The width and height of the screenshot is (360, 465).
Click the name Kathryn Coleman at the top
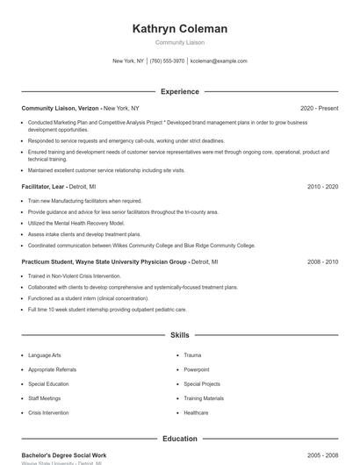coord(180,29)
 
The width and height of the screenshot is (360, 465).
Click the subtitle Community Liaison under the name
coord(180,42)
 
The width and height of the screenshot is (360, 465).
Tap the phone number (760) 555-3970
coord(167,61)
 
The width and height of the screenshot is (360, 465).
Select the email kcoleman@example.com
coord(219,61)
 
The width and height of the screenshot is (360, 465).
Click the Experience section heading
coord(180,91)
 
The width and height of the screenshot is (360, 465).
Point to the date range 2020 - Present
coord(319,108)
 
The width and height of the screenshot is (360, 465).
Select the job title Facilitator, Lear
coord(43,187)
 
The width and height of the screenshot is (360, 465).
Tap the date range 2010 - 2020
coord(322,187)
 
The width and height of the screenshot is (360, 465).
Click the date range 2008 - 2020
coord(322,261)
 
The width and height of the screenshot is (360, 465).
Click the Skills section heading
coord(180,335)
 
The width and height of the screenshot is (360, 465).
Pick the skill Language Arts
coord(45,355)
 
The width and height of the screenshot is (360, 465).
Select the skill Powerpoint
coord(198,369)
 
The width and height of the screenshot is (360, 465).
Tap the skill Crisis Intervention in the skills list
coord(49,412)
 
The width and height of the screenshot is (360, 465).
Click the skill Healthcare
coord(197,412)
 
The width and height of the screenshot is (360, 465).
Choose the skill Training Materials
coord(204,398)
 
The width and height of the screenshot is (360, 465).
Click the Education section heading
coord(180,439)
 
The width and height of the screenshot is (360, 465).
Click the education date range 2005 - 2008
coord(322,455)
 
